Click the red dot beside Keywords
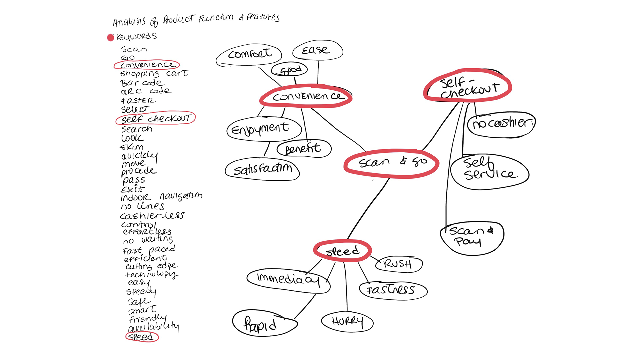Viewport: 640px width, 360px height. point(111,38)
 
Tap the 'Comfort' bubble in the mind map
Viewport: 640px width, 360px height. point(249,54)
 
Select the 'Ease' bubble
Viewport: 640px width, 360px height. point(317,50)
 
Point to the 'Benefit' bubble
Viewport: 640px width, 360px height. point(304,148)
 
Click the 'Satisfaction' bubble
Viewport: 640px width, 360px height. point(262,169)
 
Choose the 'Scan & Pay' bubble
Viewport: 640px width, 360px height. point(471,237)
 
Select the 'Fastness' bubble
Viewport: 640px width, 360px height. point(393,290)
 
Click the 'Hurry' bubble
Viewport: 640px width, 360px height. point(347,321)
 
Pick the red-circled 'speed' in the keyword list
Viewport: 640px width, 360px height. point(142,337)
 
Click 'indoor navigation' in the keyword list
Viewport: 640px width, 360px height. point(161,196)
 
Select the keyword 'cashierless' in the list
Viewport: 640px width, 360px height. point(152,216)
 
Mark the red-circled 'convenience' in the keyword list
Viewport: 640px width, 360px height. point(147,65)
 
